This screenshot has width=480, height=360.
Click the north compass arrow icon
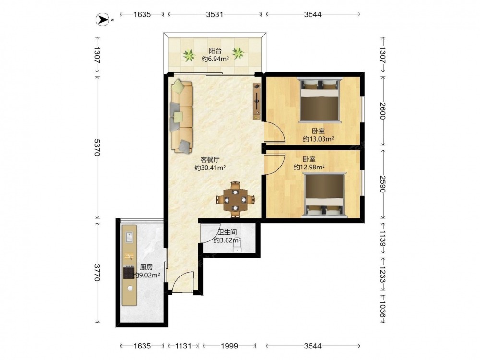(103, 20)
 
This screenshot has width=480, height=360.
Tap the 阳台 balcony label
(215, 50)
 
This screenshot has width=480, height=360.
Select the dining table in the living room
(235, 200)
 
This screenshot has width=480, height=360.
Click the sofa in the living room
(182, 116)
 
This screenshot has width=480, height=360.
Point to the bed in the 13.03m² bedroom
(320, 100)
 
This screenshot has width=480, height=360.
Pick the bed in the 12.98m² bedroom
(324, 195)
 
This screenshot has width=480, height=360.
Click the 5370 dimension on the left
(97, 147)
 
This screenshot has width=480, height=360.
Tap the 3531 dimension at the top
(215, 14)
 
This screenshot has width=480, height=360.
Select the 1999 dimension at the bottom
(229, 346)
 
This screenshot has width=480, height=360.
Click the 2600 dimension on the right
(383, 111)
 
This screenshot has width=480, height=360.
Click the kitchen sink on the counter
(129, 236)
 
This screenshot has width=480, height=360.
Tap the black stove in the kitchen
(129, 273)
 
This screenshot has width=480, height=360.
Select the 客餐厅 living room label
(210, 159)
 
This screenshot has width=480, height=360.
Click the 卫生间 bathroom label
(227, 233)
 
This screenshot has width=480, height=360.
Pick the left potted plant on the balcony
(189, 56)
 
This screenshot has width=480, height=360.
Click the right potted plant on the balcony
(238, 53)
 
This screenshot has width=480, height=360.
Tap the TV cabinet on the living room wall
(257, 101)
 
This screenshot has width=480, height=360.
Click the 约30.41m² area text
(210, 168)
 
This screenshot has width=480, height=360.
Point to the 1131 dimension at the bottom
(183, 346)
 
